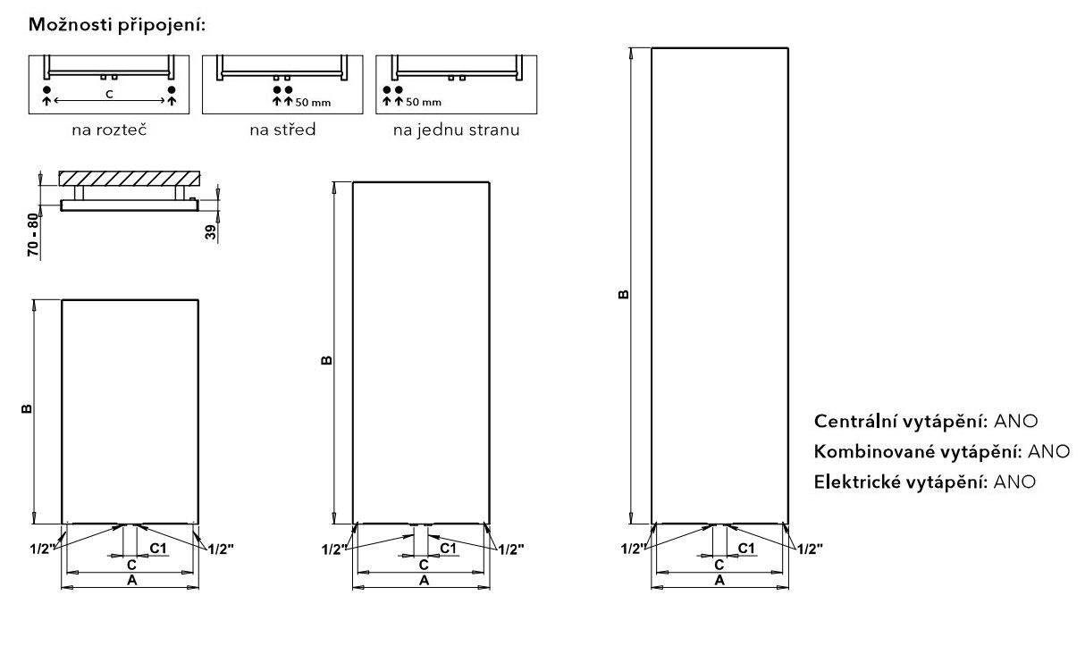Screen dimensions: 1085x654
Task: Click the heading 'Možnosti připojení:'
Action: click(x=117, y=25)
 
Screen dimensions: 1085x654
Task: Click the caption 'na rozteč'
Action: click(x=109, y=130)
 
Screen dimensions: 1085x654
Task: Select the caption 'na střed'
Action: click(x=282, y=130)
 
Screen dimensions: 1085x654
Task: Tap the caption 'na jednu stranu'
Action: click(x=457, y=130)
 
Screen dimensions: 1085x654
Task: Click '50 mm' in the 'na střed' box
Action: click(x=313, y=103)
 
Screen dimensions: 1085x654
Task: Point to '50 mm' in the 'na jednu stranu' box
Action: click(x=424, y=102)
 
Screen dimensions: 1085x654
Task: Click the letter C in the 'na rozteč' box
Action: click(x=109, y=95)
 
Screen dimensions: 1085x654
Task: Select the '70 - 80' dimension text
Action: click(x=33, y=235)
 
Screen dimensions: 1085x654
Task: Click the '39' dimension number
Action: click(x=211, y=232)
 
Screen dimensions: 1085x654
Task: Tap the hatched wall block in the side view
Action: click(x=130, y=179)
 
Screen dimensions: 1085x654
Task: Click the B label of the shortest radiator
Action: click(x=27, y=409)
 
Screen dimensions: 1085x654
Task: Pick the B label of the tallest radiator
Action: click(x=624, y=294)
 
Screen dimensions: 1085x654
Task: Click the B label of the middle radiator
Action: click(x=327, y=361)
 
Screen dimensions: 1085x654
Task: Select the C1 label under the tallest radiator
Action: click(x=746, y=548)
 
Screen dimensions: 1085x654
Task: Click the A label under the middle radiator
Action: click(x=424, y=580)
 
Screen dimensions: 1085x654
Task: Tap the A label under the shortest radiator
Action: click(x=131, y=580)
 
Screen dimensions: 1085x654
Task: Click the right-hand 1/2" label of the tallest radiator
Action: click(x=810, y=549)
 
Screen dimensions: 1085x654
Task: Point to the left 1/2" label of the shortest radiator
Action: click(x=43, y=549)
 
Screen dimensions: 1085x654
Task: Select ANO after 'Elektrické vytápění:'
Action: click(x=1014, y=482)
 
